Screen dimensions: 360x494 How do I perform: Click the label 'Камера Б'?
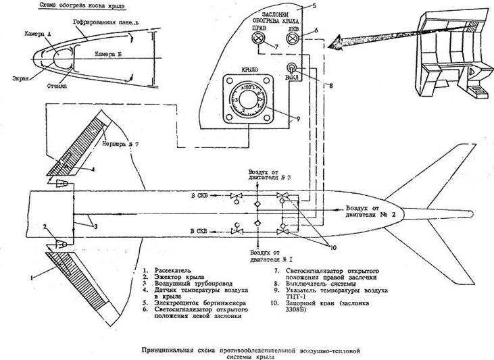click(110, 53)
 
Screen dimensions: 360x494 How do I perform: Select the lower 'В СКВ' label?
click(200, 232)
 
